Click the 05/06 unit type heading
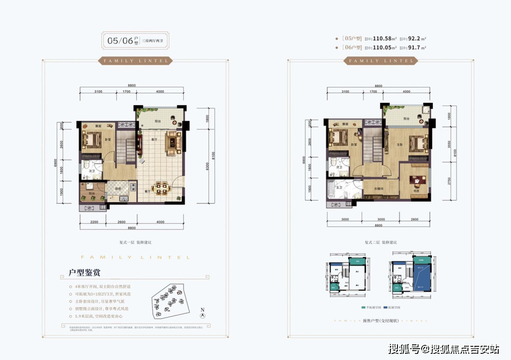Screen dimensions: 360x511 tap(120, 41)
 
